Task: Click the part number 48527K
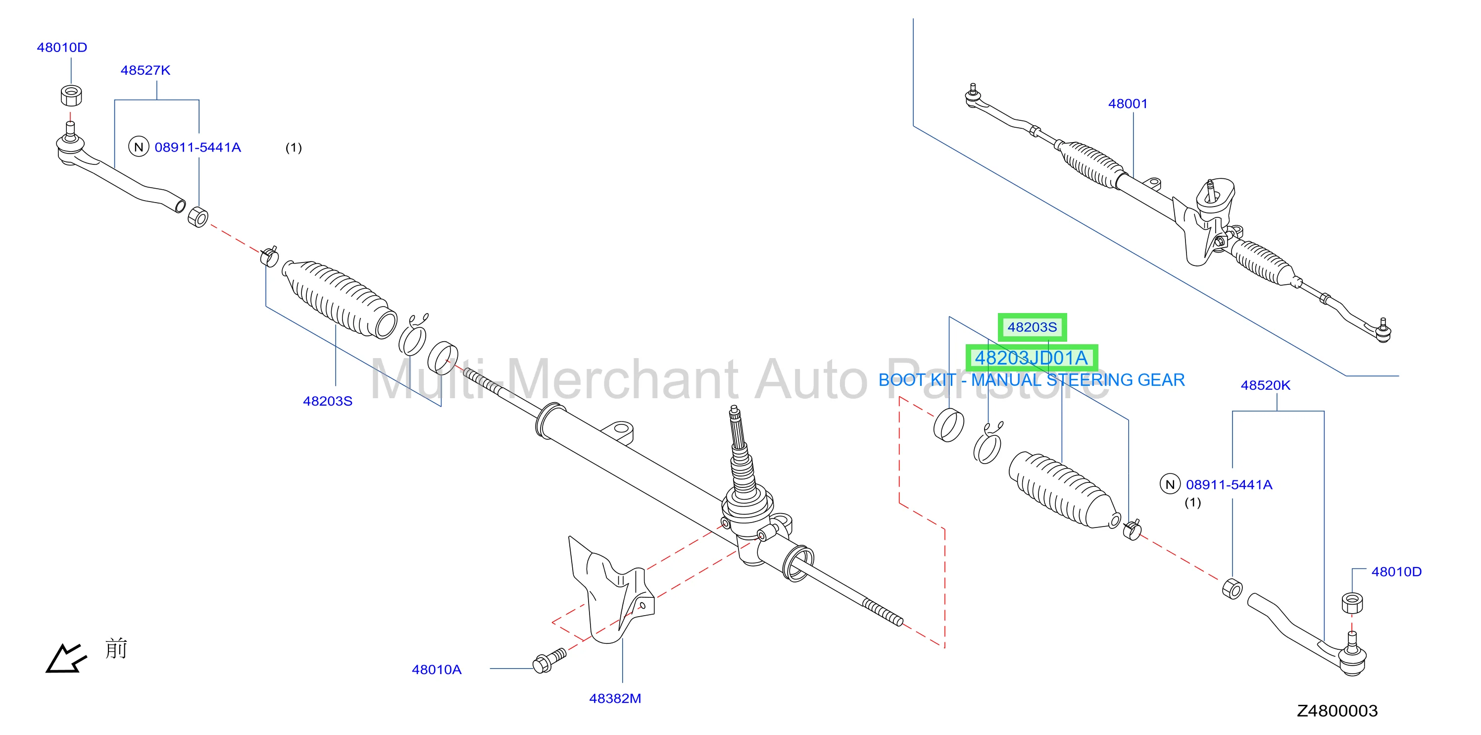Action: [x=146, y=70]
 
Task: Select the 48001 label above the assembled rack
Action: [x=1128, y=104]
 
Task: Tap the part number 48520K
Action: [x=1265, y=385]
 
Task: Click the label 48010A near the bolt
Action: [x=437, y=670]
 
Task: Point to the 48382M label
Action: [x=615, y=698]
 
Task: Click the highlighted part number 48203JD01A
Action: [x=1032, y=358]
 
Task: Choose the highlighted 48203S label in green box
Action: [x=1032, y=327]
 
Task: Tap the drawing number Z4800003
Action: [x=1337, y=711]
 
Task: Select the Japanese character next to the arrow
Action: [x=116, y=649]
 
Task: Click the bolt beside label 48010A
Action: [x=549, y=661]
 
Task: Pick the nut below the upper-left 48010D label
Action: [x=71, y=95]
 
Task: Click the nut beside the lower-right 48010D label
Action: [x=1352, y=602]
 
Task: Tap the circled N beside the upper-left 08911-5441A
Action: [x=139, y=147]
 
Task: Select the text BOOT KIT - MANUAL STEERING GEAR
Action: [x=1032, y=380]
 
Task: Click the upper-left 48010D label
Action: [x=62, y=47]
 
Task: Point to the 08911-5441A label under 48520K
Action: [x=1229, y=485]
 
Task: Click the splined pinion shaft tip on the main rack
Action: [x=734, y=412]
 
